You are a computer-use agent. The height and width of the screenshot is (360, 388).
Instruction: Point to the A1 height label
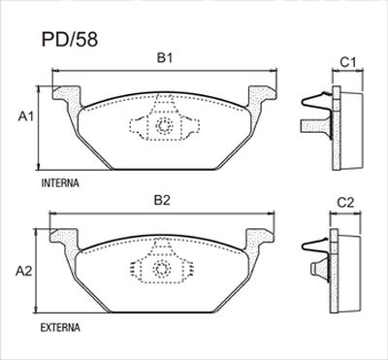28,117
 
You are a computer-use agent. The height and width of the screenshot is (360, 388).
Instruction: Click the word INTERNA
60,182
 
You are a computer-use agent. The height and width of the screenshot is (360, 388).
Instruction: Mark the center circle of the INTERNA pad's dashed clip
164,125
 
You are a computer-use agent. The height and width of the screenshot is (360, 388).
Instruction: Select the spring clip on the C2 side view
317,252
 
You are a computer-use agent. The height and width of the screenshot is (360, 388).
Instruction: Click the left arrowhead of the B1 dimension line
54,72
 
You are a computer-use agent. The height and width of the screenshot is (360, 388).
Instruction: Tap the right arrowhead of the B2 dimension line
273,213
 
